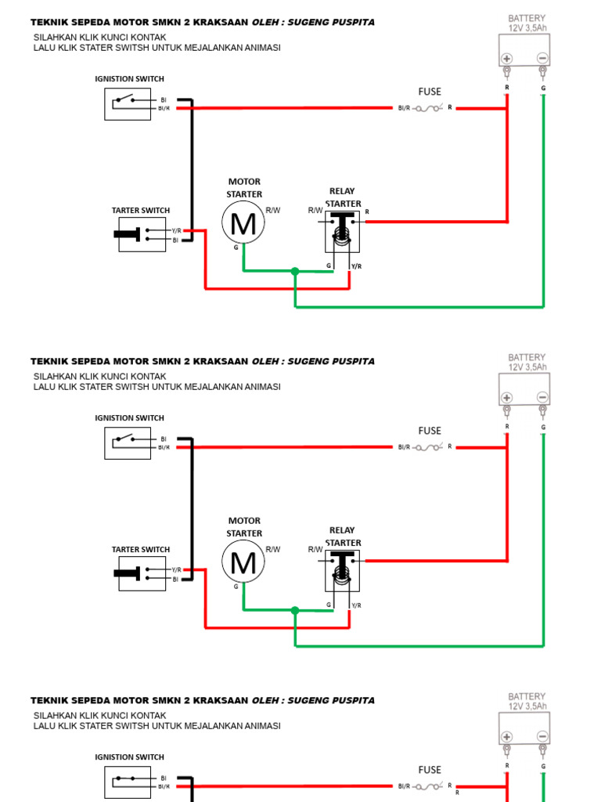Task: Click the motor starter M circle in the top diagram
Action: pyautogui.click(x=243, y=224)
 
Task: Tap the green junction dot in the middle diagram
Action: pyautogui.click(x=295, y=610)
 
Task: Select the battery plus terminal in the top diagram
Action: pyautogui.click(x=507, y=59)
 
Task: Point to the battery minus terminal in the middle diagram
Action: pyautogui.click(x=542, y=398)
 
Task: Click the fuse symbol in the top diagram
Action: pyautogui.click(x=429, y=108)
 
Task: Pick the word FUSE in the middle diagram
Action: pyautogui.click(x=430, y=431)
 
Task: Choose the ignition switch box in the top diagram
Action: pyautogui.click(x=128, y=104)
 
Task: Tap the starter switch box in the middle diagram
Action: pyautogui.click(x=142, y=574)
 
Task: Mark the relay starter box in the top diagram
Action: pyautogui.click(x=342, y=231)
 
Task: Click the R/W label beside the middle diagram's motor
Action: pyautogui.click(x=273, y=549)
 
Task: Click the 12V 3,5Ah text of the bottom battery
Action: pyautogui.click(x=527, y=706)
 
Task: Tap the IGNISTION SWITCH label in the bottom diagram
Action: pyautogui.click(x=129, y=757)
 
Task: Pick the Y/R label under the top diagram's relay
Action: pyautogui.click(x=357, y=266)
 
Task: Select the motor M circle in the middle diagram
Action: pyautogui.click(x=243, y=563)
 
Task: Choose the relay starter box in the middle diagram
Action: pyautogui.click(x=342, y=570)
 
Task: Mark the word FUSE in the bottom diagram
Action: pyautogui.click(x=430, y=770)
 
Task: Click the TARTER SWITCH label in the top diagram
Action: pyautogui.click(x=141, y=211)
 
